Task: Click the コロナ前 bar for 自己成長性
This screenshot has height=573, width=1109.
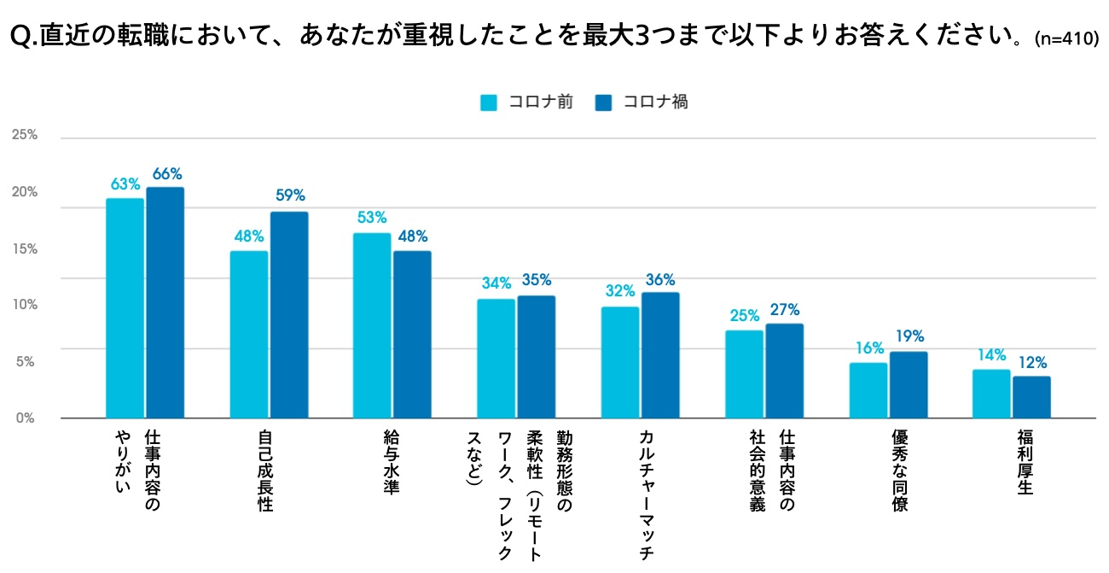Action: click(249, 334)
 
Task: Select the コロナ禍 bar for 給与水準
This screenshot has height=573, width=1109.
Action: click(412, 334)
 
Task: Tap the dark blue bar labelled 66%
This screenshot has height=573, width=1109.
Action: click(165, 302)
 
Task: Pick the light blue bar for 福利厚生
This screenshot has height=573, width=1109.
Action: click(991, 393)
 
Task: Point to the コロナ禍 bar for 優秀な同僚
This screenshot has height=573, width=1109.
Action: click(909, 384)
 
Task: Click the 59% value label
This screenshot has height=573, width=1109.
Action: click(289, 196)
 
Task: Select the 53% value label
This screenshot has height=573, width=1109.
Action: click(372, 218)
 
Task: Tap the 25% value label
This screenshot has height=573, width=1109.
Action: click(745, 315)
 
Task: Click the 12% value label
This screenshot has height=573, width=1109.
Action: click(1031, 361)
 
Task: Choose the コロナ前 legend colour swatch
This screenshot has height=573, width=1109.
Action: click(489, 102)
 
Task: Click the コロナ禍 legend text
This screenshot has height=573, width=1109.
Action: click(655, 102)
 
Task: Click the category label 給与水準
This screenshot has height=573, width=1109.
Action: click(392, 461)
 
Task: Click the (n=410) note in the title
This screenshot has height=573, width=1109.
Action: click(1065, 40)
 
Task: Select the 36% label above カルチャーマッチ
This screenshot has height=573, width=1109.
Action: click(660, 279)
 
